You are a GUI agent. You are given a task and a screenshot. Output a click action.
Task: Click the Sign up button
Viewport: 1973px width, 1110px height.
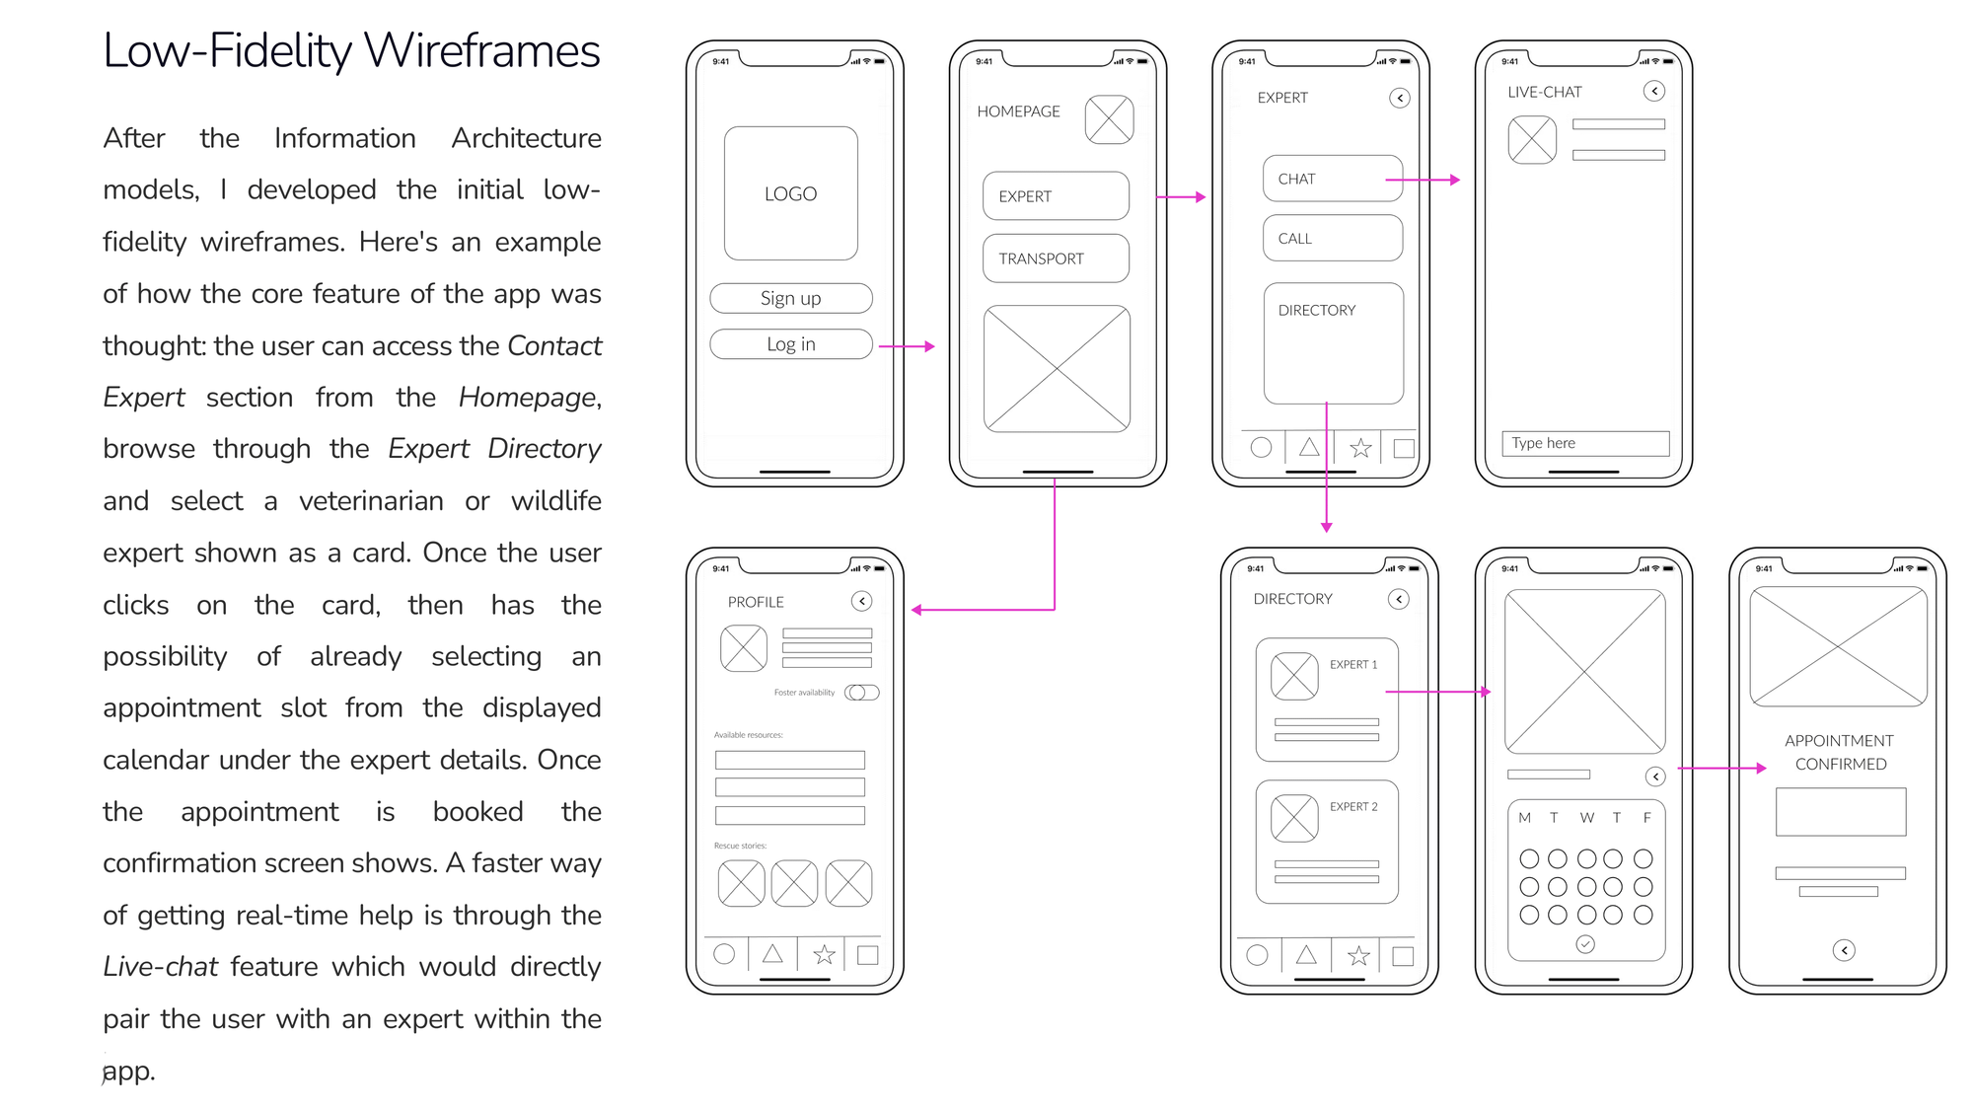coord(790,298)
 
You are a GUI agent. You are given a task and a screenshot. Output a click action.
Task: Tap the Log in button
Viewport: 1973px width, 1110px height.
coord(790,344)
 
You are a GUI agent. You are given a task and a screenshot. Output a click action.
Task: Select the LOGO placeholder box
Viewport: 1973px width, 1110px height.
coord(790,193)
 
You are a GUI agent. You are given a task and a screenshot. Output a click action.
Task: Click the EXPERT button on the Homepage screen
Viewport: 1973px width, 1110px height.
coord(1055,196)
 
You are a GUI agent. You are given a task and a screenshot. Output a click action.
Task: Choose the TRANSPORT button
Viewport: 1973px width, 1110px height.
coord(1055,259)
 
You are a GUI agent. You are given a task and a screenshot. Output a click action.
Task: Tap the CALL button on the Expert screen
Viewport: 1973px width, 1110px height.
coord(1332,239)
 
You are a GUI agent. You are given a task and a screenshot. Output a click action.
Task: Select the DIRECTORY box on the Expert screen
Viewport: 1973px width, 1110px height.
coord(1333,343)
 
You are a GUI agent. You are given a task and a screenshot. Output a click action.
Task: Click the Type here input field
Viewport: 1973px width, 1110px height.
coord(1584,444)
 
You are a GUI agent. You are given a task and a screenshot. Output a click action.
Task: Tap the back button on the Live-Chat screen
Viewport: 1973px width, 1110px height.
coord(1654,92)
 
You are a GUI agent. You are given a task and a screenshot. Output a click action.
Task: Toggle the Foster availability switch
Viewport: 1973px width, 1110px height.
coord(861,693)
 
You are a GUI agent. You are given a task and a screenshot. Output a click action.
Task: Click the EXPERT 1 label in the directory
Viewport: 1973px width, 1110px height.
coord(1352,665)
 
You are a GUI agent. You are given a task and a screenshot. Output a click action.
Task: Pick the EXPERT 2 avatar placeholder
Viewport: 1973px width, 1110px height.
coord(1294,818)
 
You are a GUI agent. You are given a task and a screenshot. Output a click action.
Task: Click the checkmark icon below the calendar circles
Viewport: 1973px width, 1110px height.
coord(1585,944)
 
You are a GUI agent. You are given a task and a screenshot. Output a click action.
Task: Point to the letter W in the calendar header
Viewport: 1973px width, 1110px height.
coord(1586,818)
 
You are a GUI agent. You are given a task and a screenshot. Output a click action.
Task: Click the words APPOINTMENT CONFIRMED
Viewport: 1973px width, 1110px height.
coord(1839,752)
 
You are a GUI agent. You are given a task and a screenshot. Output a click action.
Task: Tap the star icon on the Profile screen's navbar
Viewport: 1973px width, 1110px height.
coord(824,954)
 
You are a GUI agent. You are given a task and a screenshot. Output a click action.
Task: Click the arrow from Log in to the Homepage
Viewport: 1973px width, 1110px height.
coord(906,346)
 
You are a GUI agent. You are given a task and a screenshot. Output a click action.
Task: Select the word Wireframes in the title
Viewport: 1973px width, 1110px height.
coord(481,51)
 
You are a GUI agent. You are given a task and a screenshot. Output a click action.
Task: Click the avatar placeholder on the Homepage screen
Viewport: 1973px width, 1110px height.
coord(1109,119)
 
